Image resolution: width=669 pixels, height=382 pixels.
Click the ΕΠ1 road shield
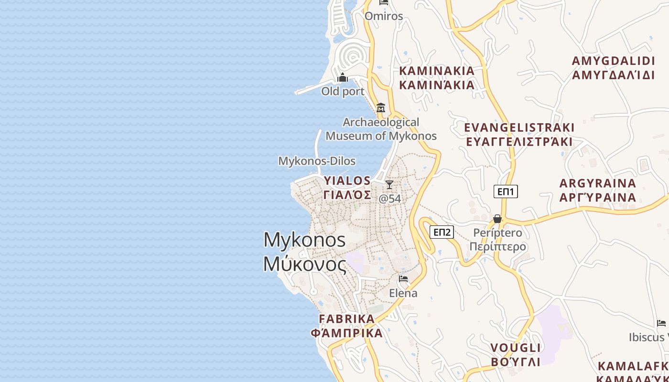coord(506,191)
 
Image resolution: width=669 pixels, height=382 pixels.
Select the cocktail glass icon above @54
coord(389,185)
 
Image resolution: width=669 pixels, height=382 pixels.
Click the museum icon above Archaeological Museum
coord(381,107)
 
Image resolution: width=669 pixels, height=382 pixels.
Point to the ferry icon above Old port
coord(343,77)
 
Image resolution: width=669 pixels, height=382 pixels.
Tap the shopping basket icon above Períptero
coord(497,219)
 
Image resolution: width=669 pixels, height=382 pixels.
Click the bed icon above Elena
coord(403,278)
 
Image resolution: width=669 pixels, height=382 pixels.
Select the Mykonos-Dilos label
coord(317,161)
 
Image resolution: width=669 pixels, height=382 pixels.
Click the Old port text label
coord(343,91)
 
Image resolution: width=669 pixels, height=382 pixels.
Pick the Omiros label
coord(384,16)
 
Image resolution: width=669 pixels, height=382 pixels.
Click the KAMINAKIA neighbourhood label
coord(437,71)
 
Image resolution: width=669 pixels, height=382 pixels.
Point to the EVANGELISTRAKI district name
coord(519,128)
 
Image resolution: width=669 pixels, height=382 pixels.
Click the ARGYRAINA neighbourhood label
coord(598,183)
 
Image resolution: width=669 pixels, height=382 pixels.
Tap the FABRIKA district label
coord(347,319)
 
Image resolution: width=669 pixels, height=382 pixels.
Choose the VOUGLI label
coord(516,348)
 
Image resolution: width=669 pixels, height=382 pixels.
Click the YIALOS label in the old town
coord(347,180)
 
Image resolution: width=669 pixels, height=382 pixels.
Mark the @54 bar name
coord(390,199)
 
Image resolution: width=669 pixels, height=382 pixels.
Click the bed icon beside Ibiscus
coord(661,323)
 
